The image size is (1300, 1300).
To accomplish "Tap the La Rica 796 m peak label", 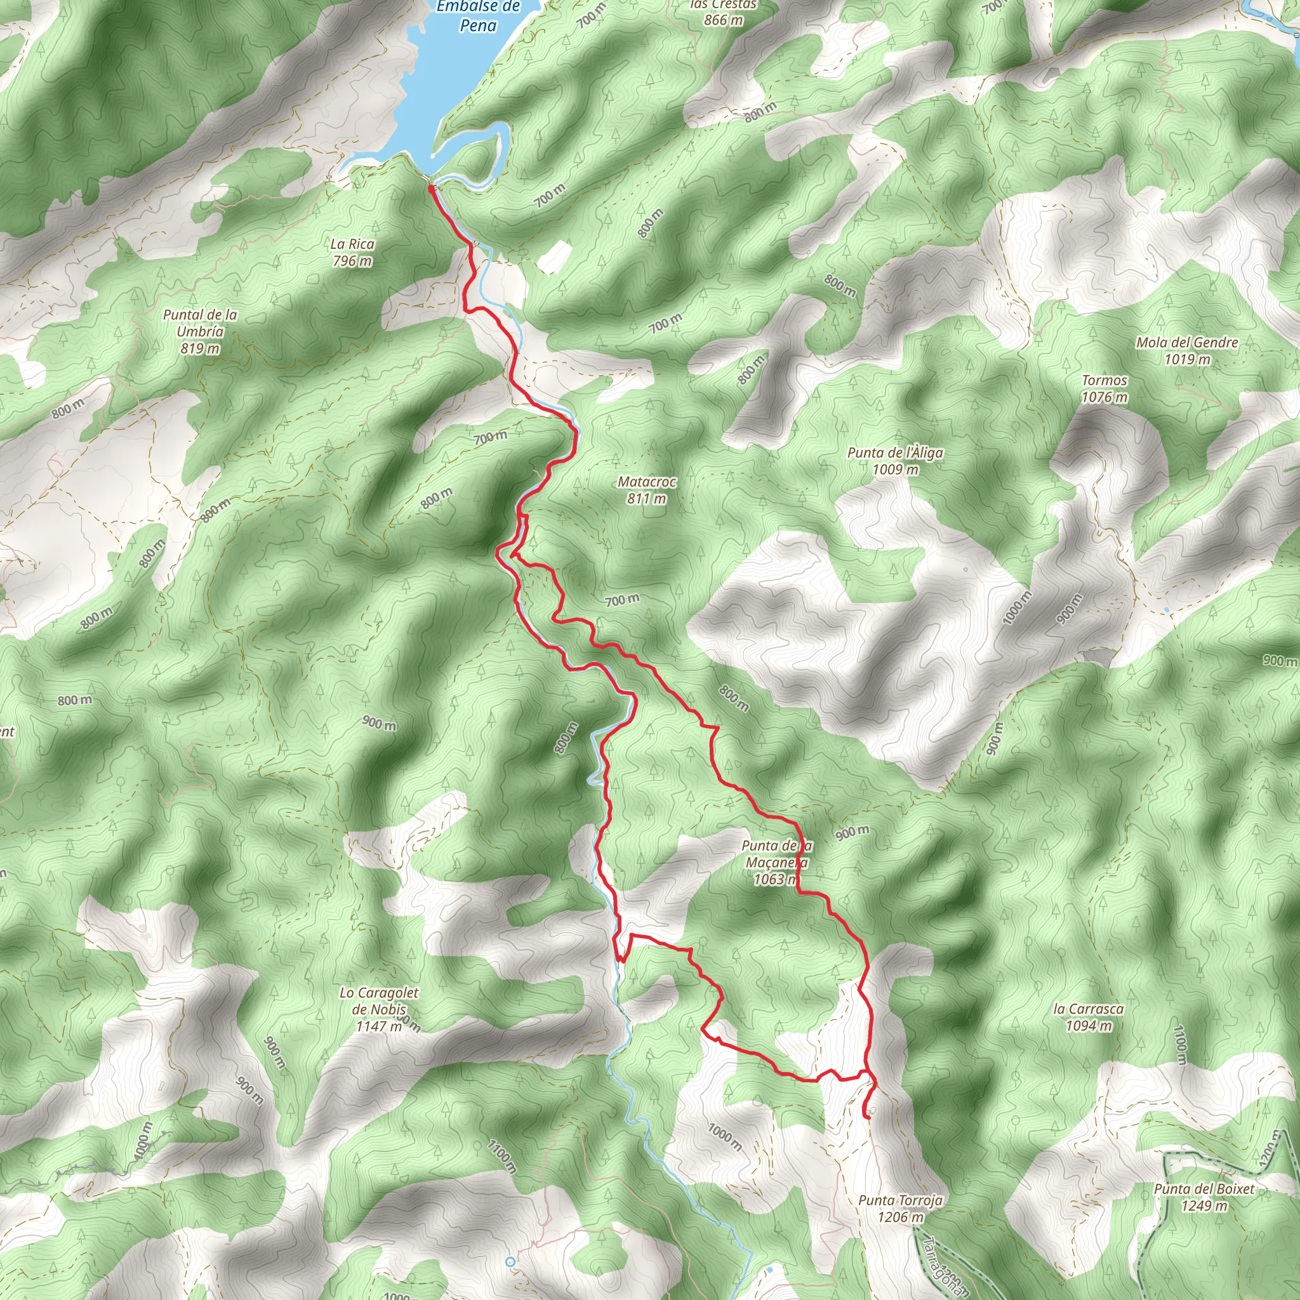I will pyautogui.click(x=352, y=253).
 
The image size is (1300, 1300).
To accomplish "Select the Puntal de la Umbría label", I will pyautogui.click(x=200, y=331).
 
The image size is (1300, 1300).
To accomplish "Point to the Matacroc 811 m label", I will pyautogui.click(x=647, y=490).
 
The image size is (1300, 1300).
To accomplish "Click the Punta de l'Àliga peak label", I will pyautogui.click(x=895, y=461).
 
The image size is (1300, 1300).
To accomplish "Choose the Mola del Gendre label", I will pyautogui.click(x=1187, y=350).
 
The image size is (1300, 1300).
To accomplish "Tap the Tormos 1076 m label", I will pyautogui.click(x=1104, y=388).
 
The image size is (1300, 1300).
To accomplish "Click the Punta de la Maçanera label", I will pyautogui.click(x=776, y=862).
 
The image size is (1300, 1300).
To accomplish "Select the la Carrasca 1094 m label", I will pyautogui.click(x=1089, y=1017).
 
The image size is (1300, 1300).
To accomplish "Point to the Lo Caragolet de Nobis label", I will pyautogui.click(x=379, y=1009).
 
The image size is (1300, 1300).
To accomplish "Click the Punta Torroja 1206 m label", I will pyautogui.click(x=900, y=1208).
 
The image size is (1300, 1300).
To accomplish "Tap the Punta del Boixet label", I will pyautogui.click(x=1204, y=1197).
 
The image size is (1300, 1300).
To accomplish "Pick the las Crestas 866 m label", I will pyautogui.click(x=724, y=12).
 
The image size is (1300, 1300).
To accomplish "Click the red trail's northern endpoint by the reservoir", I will pyautogui.click(x=430, y=189).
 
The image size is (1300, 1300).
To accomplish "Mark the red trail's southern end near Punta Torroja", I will pyautogui.click(x=866, y=1117).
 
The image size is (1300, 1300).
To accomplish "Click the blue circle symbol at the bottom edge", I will pyautogui.click(x=511, y=1263).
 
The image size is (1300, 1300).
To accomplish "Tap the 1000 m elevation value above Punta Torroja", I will pyautogui.click(x=725, y=1136).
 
